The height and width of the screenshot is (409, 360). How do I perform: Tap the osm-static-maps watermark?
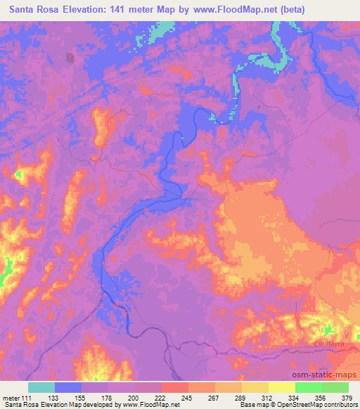(328, 377)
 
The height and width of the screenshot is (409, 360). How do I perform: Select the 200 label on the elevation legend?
(135, 397)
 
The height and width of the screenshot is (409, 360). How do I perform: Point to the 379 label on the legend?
(348, 397)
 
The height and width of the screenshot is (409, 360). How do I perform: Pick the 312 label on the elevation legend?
(269, 397)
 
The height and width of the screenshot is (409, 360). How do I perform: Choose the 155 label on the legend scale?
(82, 397)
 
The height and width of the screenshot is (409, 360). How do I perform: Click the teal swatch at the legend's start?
(41, 387)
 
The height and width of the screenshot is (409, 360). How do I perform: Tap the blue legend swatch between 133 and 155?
(68, 387)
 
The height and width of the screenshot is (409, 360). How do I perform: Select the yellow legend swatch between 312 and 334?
(282, 387)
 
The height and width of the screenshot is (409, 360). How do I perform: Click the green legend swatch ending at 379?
(335, 387)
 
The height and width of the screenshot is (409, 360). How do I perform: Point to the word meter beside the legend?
(11, 397)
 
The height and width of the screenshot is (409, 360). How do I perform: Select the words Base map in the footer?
(247, 405)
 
